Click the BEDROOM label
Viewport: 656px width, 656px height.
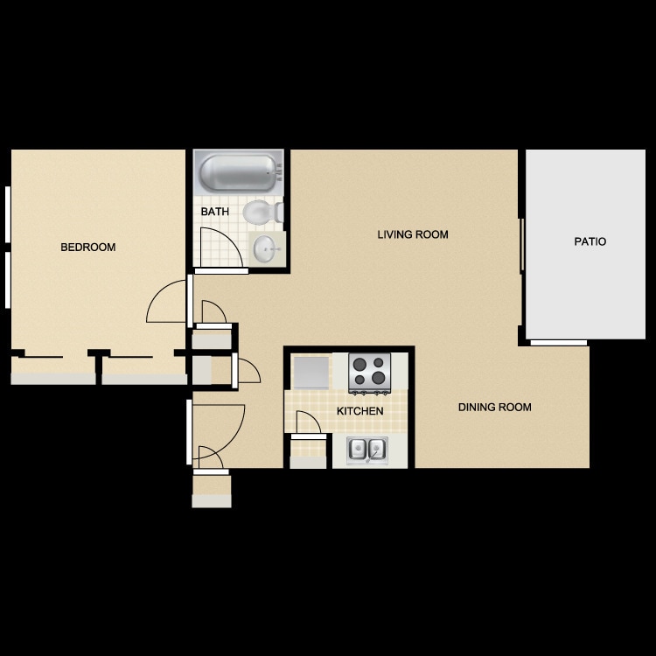point(87,248)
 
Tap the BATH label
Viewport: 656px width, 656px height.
point(214,213)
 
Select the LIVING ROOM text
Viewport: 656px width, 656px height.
point(413,234)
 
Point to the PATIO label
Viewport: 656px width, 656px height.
point(590,241)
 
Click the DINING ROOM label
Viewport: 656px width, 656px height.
point(494,407)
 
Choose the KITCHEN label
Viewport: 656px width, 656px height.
point(359,411)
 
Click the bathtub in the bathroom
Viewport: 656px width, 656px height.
point(237,172)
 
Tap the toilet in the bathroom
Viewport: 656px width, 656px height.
point(260,212)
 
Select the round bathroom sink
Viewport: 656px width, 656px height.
point(266,250)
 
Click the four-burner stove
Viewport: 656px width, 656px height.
point(369,372)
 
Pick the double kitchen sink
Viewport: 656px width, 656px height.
point(367,450)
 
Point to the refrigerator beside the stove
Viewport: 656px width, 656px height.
point(311,373)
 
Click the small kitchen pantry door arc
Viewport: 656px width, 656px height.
point(307,422)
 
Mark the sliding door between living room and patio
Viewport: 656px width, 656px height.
point(522,245)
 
